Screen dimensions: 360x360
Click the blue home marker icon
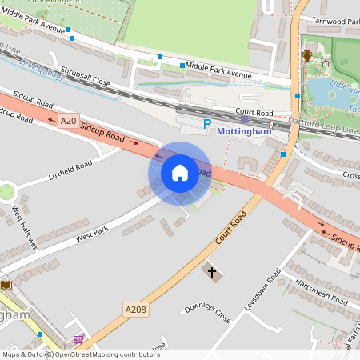[180, 173]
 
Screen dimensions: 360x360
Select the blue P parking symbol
[206, 124]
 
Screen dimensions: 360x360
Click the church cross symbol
[212, 273]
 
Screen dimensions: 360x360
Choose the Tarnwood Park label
[336, 20]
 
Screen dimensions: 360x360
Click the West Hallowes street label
[25, 227]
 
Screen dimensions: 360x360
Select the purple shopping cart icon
[78, 339]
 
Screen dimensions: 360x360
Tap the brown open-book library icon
[7, 285]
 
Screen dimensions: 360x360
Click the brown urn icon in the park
[308, 55]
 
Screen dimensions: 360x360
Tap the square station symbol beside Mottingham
[244, 119]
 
